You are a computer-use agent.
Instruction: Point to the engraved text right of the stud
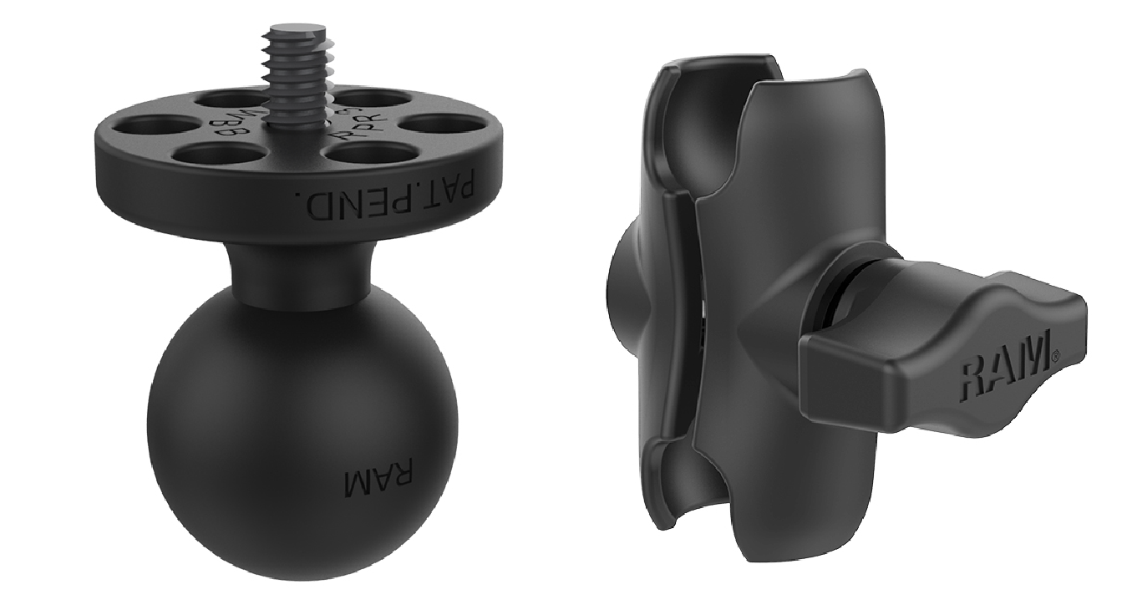click(x=355, y=125)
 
